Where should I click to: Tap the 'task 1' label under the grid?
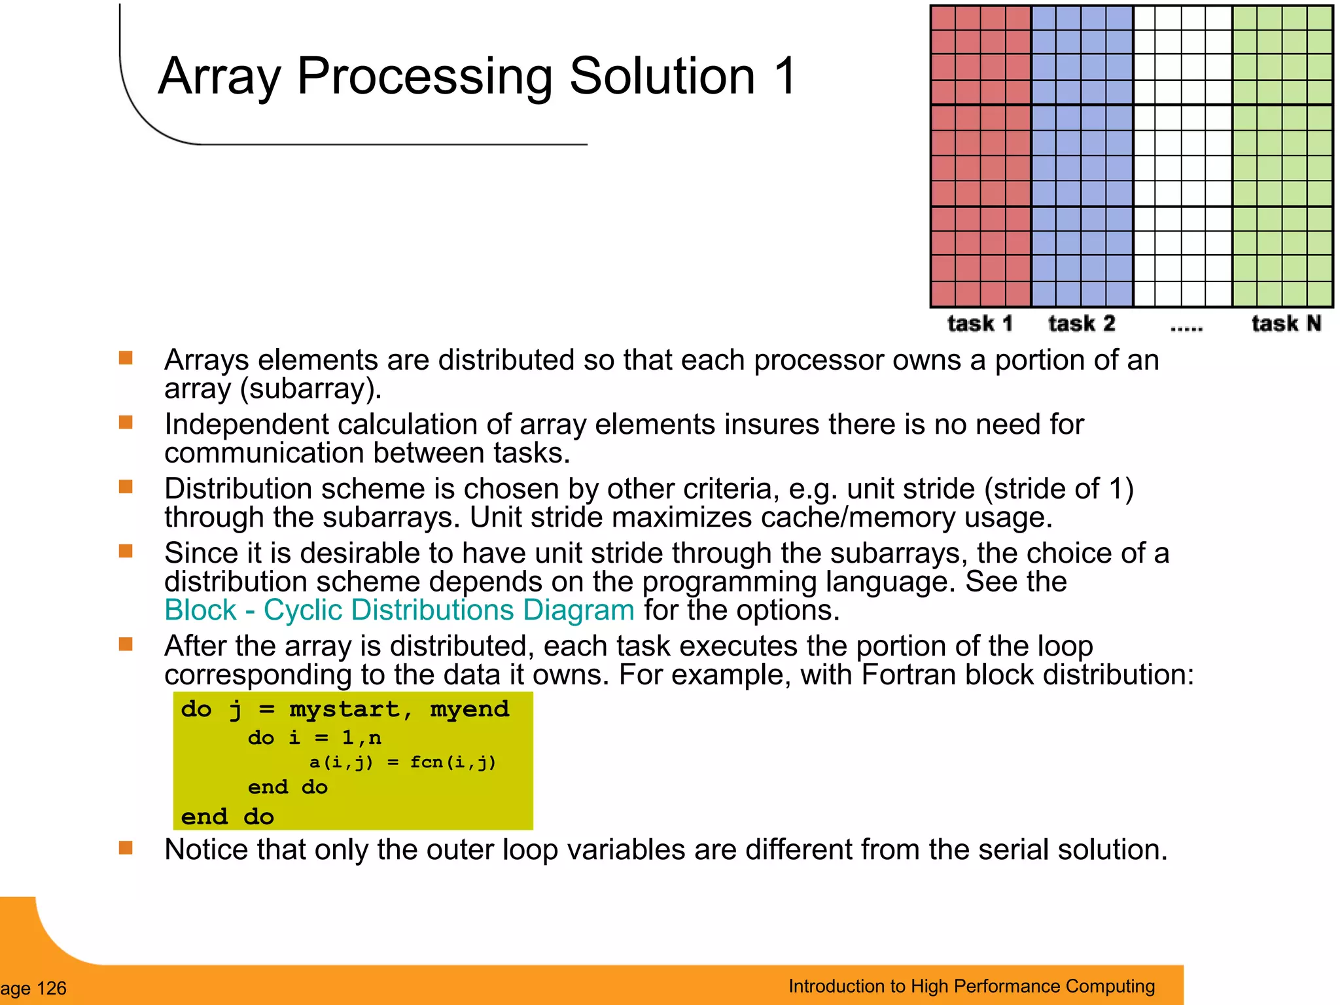pos(979,324)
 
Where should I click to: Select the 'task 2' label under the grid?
pos(1081,324)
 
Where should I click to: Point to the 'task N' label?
pos(1286,324)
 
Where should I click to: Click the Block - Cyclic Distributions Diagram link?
pos(399,610)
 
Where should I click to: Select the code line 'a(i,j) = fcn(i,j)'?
pos(402,762)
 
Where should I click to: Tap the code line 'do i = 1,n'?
pos(314,738)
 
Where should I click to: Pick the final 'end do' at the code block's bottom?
pos(227,817)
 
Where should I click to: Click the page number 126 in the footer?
pos(51,988)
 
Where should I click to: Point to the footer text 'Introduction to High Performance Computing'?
pos(972,986)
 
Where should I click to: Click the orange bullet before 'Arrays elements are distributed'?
pos(126,358)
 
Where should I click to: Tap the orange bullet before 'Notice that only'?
pos(126,848)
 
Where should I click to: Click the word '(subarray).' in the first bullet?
pos(311,389)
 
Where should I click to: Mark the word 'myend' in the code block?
pos(469,710)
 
